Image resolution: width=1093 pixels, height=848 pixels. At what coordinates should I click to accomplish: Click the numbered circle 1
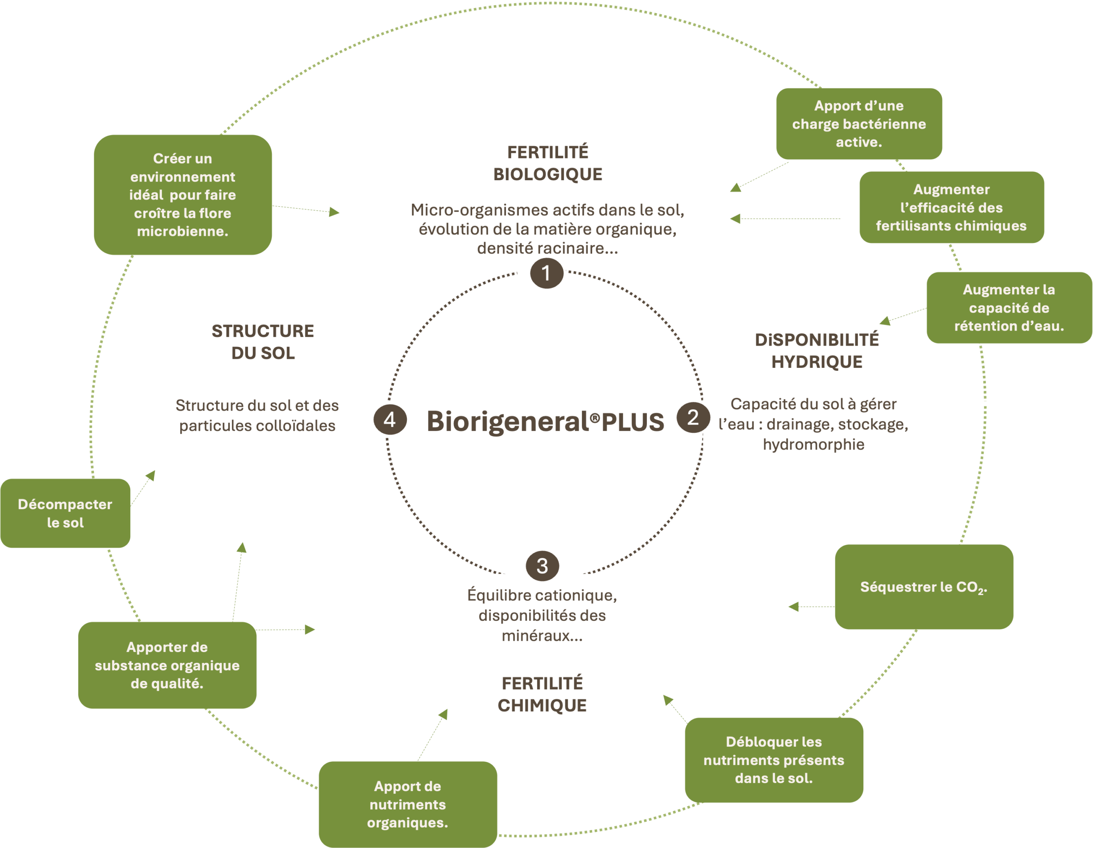click(x=546, y=273)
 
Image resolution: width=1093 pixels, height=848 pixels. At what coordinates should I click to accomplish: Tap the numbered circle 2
click(x=693, y=417)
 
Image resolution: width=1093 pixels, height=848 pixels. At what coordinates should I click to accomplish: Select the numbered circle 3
click(x=543, y=566)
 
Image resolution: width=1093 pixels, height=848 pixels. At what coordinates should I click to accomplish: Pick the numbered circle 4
click(x=390, y=419)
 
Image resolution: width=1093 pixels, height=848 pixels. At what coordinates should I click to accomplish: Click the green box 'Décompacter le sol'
click(x=65, y=513)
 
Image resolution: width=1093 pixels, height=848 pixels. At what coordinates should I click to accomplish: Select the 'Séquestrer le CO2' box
click(x=924, y=587)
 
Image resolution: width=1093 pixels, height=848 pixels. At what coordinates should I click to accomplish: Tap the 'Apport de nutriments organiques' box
click(x=408, y=804)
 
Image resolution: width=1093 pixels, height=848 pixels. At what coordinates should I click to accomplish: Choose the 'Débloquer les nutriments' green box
click(x=774, y=760)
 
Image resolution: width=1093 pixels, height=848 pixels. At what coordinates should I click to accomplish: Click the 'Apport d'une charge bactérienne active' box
click(x=859, y=124)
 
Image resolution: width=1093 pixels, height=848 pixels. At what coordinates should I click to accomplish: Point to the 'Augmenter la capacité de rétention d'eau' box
click(x=1009, y=308)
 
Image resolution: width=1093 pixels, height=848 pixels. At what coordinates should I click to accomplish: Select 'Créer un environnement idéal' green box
click(x=183, y=195)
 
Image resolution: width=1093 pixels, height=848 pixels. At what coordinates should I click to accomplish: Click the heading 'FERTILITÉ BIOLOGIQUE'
click(x=548, y=163)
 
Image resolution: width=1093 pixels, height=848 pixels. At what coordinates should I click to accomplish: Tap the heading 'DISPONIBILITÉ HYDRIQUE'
click(x=817, y=351)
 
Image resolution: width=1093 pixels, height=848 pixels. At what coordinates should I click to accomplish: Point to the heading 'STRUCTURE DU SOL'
click(x=263, y=342)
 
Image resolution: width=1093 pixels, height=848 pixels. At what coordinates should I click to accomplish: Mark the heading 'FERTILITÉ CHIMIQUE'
click(x=543, y=694)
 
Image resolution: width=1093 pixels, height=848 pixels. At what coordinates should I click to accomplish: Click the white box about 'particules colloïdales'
click(x=260, y=416)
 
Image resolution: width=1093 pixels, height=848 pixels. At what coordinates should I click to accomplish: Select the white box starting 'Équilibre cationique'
click(x=543, y=616)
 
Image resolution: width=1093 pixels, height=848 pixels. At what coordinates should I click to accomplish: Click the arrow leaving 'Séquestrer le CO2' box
click(x=811, y=607)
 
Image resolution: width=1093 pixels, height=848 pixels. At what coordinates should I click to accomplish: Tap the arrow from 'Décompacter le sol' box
click(x=143, y=487)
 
